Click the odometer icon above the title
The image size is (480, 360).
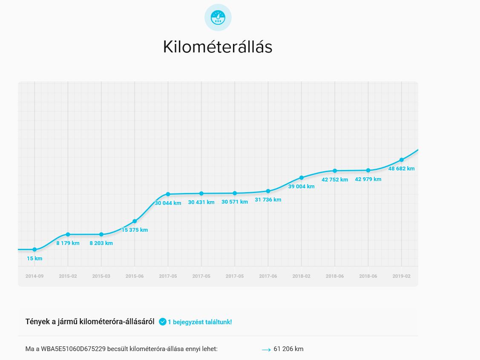[x=218, y=17]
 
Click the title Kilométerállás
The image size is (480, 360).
[x=218, y=47]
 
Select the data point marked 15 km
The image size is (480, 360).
[x=34, y=250]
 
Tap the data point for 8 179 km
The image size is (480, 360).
[x=68, y=234]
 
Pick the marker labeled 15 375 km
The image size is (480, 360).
[x=135, y=221]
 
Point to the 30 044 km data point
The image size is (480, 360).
[x=168, y=194]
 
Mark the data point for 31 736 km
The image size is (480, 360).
[x=268, y=191]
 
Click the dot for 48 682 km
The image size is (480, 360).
[x=401, y=160]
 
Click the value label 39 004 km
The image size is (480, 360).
[x=301, y=186]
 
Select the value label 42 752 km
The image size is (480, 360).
[x=335, y=179]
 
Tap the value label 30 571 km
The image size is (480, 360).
[x=235, y=202]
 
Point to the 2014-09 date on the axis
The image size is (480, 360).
[x=34, y=276]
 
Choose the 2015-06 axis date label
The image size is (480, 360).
[x=135, y=276]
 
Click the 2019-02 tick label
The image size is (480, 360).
[x=401, y=276]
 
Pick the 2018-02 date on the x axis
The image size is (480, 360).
[x=301, y=276]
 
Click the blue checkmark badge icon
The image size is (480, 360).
[x=162, y=322]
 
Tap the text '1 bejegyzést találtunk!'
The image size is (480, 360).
[x=200, y=322]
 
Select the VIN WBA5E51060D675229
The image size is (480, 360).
[x=73, y=349]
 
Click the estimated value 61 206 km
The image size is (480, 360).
[x=288, y=349]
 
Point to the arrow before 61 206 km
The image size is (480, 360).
[x=266, y=349]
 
